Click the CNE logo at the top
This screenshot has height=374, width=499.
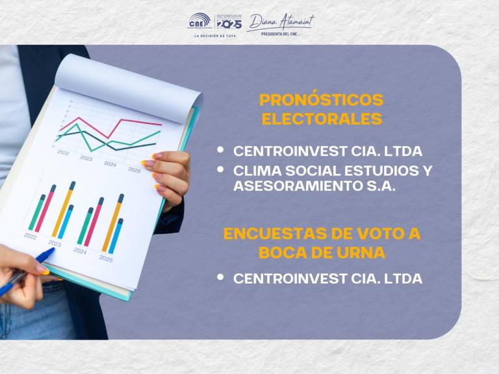pos(198,21)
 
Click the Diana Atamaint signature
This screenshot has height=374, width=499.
pos(280,21)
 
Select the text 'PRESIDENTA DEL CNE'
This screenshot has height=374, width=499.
pos(280,34)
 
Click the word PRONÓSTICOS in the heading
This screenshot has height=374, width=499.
pos(321,100)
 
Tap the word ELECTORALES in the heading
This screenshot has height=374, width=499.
pos(321,119)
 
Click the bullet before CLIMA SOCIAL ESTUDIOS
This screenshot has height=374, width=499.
pos(221,169)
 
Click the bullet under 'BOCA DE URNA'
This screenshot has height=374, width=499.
pos(221,277)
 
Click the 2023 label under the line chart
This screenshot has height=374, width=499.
pos(86,158)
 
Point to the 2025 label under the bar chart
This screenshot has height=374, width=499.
pos(106,258)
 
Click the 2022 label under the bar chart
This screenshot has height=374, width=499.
pos(31,236)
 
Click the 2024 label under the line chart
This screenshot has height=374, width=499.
pos(110,164)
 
